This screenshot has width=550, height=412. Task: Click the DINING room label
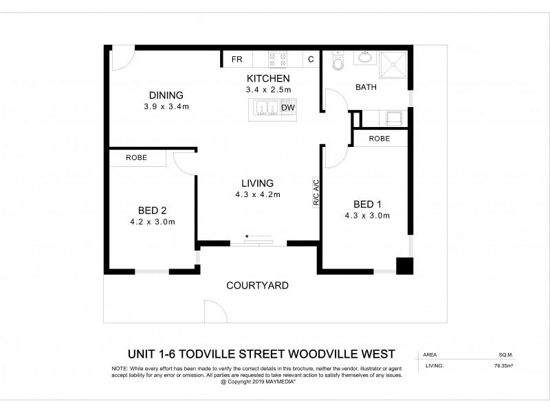tap(166, 95)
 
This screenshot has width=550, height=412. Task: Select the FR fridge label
tap(238, 60)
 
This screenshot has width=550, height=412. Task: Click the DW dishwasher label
tap(288, 108)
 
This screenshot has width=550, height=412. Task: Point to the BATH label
tap(364, 87)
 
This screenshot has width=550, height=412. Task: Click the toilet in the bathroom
tap(337, 62)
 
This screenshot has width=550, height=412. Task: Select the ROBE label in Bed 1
tap(379, 139)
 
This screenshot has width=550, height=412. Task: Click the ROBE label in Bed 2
tap(136, 158)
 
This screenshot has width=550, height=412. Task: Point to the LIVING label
tap(257, 183)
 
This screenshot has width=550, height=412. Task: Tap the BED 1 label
tap(367, 204)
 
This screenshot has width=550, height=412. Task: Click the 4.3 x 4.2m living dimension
tap(257, 194)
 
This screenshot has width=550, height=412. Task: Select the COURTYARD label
tap(257, 286)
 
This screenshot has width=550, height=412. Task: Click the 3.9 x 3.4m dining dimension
tap(166, 106)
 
